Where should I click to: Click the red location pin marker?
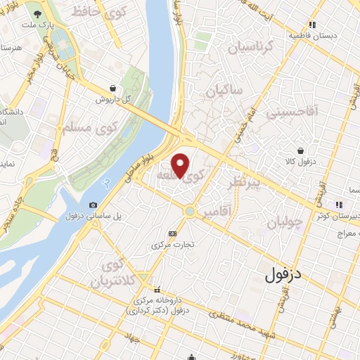coord(181,165)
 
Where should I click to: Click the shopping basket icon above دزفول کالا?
coord(302,150)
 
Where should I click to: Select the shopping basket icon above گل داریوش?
coord(112,88)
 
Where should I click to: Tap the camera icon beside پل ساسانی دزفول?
coord(93,205)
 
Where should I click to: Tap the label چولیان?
coord(284,223)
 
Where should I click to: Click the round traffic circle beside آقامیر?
coord(190,211)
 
